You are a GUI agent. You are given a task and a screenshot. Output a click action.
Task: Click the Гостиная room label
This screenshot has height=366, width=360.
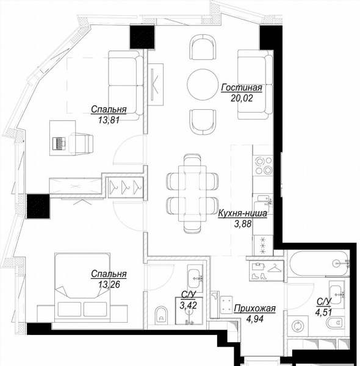[242, 88]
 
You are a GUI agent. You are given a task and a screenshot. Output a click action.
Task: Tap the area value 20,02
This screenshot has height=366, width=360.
[242, 98]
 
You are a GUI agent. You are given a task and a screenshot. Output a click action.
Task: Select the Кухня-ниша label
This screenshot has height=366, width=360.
[242, 213]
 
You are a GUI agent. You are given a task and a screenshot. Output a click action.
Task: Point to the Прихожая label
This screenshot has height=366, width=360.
[254, 308]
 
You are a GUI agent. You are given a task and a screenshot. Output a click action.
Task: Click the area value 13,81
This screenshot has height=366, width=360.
[109, 120]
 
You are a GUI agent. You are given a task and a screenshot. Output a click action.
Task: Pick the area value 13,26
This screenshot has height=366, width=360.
[109, 284]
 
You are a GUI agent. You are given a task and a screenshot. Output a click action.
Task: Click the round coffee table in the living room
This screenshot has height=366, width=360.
[203, 84]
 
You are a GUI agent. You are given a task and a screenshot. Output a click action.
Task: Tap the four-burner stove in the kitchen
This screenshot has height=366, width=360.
[264, 165]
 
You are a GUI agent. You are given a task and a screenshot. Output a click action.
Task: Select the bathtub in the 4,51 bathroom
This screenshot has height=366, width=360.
[319, 264]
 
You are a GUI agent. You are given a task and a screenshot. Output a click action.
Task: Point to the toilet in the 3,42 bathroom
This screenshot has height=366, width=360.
[161, 315]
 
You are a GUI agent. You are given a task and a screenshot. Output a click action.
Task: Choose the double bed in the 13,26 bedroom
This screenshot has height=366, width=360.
[82, 287]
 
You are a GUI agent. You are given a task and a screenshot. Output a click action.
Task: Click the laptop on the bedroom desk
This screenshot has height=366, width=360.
[60, 143]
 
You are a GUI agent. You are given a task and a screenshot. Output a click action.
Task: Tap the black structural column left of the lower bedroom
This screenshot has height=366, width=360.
[38, 206]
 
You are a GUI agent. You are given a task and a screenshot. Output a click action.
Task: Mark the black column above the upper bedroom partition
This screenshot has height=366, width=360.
[142, 37]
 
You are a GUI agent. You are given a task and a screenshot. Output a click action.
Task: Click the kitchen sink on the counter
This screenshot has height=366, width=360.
[263, 201]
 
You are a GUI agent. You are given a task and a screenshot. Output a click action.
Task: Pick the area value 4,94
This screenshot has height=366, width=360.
[255, 318]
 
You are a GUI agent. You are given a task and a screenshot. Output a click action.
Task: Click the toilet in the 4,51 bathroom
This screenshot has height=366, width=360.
[334, 323]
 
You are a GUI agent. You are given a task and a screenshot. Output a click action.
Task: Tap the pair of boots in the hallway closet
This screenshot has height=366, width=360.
[259, 276]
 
